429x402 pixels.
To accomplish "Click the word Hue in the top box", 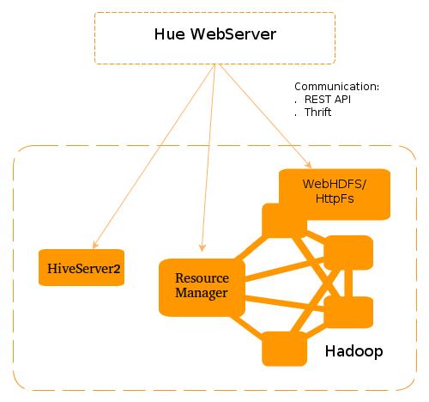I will click(169, 35).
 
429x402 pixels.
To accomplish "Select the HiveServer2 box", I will click(82, 268).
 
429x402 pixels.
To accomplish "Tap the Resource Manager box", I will click(202, 286).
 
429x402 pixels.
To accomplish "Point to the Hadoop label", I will click(353, 352).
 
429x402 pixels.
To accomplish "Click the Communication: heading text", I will click(336, 87).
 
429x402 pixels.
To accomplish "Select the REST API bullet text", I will click(328, 100).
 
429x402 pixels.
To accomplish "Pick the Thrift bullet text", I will click(317, 113).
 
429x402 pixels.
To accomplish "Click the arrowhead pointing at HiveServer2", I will click(94, 245).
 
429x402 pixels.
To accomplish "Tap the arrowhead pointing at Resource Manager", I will click(202, 252).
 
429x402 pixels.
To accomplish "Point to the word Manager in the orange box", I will click(202, 294).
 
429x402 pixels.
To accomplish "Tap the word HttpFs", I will click(335, 198).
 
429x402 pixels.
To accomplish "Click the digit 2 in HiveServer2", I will click(117, 269).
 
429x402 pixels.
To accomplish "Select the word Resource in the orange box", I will click(202, 278).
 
